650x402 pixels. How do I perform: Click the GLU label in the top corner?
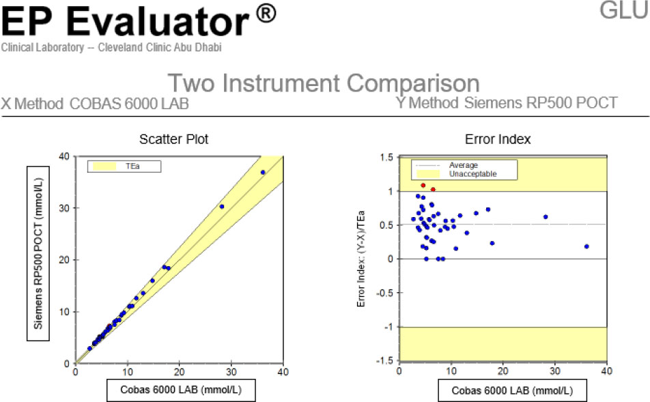[624, 10]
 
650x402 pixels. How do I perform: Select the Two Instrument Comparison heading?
[324, 83]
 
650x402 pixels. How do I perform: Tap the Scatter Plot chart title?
[173, 139]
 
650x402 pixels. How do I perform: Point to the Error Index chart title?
[498, 139]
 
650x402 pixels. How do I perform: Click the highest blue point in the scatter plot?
[263, 173]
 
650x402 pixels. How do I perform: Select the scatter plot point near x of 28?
[222, 206]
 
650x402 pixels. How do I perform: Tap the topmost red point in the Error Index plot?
[423, 185]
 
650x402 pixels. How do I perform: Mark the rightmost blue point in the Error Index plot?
[587, 246]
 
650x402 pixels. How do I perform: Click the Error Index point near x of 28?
[546, 217]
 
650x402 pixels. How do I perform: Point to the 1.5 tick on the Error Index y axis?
[386, 158]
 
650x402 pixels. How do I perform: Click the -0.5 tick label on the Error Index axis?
[384, 293]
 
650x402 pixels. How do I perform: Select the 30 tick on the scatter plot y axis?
[64, 208]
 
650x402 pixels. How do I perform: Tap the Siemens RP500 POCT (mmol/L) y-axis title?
[38, 254]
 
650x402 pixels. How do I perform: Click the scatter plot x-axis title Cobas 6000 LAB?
[181, 390]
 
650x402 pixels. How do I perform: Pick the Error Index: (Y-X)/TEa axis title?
[361, 259]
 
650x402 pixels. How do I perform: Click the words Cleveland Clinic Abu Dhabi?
[160, 47]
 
